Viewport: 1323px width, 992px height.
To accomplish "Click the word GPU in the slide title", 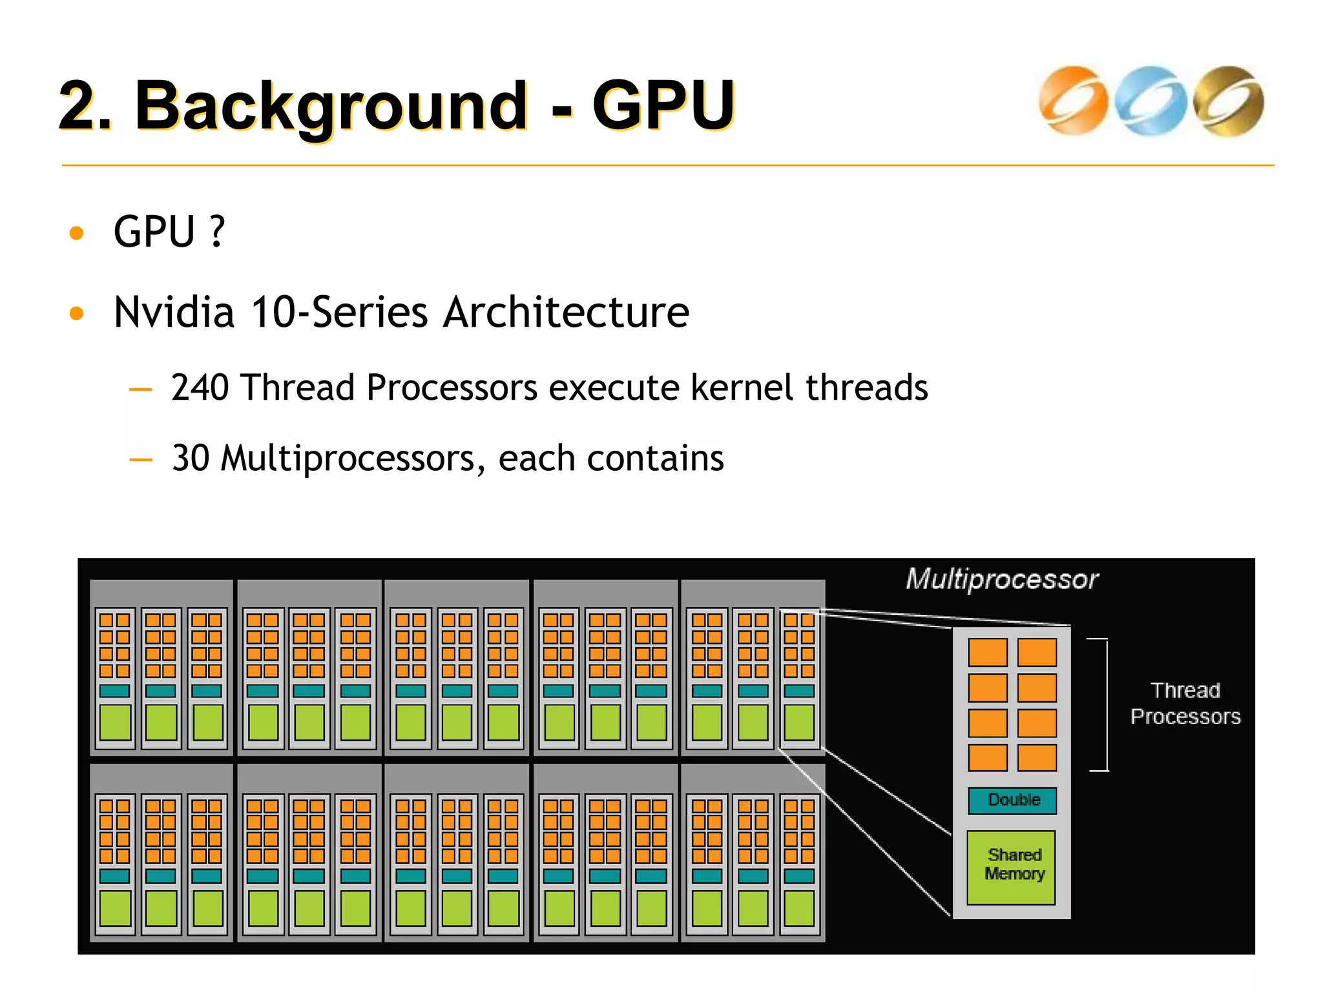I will pyautogui.click(x=663, y=105).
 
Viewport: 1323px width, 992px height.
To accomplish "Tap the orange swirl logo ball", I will pyautogui.click(x=1073, y=101).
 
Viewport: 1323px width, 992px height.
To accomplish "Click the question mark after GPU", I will pyautogui.click(x=218, y=231).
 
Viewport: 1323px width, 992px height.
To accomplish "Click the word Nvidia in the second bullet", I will pyautogui.click(x=173, y=312).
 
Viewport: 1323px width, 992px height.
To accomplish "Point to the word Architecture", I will pyautogui.click(x=566, y=312).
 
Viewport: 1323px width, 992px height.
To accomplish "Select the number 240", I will pyautogui.click(x=200, y=387).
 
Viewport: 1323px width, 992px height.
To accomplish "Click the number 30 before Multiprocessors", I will pyautogui.click(x=191, y=458).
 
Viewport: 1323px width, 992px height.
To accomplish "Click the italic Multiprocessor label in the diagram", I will pyautogui.click(x=1001, y=579).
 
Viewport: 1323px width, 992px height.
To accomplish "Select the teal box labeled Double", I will pyautogui.click(x=1012, y=800).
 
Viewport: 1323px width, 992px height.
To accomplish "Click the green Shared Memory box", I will pyautogui.click(x=1012, y=867).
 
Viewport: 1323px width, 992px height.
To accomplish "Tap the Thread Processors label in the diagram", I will pyautogui.click(x=1185, y=703).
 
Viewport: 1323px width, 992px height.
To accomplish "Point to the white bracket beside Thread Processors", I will pyautogui.click(x=1106, y=704).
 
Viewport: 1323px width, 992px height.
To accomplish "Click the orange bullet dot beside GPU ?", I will pyautogui.click(x=76, y=232).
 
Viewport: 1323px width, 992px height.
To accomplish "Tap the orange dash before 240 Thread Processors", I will pyautogui.click(x=140, y=389).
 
